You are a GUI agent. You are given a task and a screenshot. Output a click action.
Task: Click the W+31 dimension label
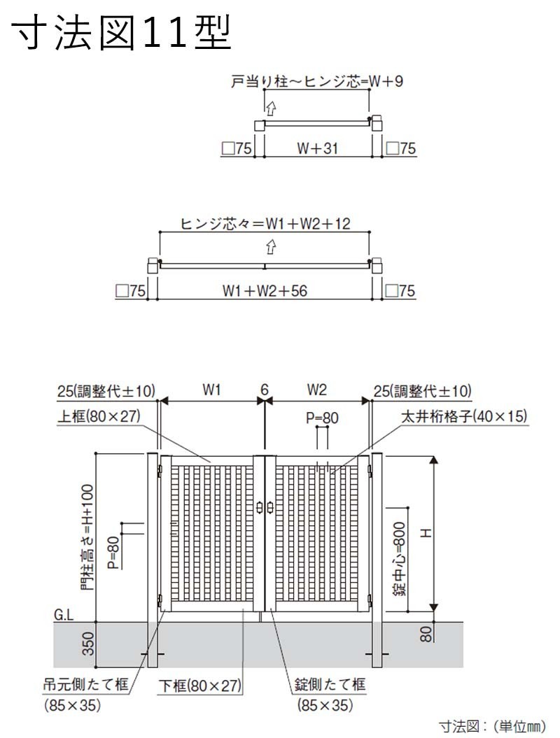point(317,149)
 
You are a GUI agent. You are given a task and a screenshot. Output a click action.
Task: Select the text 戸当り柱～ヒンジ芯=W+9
point(317,81)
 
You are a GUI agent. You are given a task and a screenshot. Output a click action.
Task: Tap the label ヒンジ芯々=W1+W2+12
point(265,224)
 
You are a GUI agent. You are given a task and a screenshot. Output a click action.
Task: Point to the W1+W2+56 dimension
point(265,291)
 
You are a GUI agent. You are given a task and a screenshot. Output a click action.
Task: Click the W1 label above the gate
point(211,390)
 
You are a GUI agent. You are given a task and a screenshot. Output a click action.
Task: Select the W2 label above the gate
point(317,390)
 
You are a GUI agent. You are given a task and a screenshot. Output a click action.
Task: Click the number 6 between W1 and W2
point(265,390)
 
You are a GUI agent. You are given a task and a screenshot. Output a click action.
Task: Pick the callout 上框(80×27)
point(99,416)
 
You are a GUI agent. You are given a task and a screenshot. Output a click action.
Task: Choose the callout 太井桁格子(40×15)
point(464,416)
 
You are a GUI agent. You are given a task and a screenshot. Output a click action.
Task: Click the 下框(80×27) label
point(200,686)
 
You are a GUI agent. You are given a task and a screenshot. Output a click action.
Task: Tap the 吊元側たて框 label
point(85,684)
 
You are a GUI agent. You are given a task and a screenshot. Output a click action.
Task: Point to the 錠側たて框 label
point(330,684)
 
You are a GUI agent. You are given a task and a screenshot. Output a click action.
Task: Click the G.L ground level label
point(64,616)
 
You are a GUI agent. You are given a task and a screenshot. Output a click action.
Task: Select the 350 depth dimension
point(88,644)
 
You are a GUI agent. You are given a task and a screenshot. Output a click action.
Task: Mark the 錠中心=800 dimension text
point(399,559)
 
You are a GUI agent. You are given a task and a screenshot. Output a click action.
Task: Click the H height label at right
point(426,533)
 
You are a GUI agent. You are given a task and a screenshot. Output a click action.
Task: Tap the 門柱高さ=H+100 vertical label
point(87,538)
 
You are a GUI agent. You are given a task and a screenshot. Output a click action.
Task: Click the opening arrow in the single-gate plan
point(270,108)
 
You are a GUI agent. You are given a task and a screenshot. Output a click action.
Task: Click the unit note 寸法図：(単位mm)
point(493,726)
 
